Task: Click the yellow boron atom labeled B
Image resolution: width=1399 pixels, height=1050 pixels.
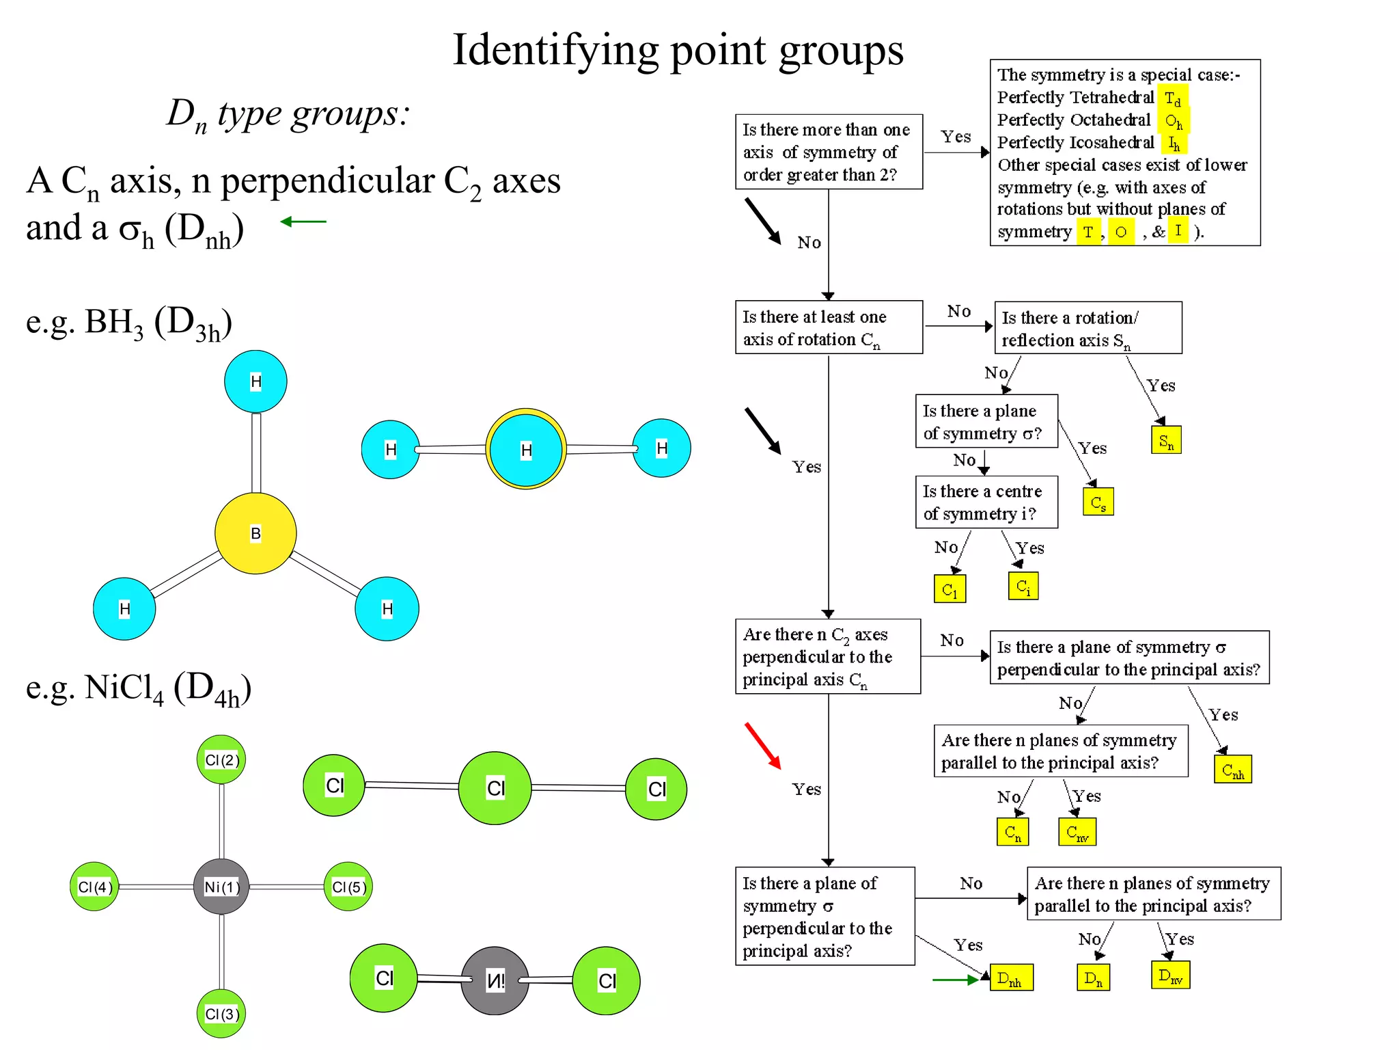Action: [x=255, y=533]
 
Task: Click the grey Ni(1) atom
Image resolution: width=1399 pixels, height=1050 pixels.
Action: [x=221, y=887]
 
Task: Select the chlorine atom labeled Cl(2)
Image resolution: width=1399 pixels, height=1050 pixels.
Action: [x=221, y=760]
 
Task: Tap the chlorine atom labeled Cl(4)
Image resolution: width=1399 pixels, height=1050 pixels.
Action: [x=94, y=887]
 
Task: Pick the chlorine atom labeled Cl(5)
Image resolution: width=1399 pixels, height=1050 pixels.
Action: [x=348, y=887]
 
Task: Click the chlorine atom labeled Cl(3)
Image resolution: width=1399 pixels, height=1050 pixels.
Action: [x=221, y=1014]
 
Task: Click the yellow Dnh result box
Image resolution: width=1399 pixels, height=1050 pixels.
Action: [x=1011, y=978]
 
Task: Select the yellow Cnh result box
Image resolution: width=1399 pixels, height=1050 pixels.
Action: [x=1232, y=770]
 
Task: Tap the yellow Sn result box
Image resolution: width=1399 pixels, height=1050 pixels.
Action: [x=1166, y=440]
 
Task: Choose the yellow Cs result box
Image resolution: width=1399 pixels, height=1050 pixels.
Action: [x=1098, y=502]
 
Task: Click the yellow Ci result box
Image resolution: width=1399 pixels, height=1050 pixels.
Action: [x=1023, y=586]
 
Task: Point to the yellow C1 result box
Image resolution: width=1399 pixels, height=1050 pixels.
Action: [x=950, y=589]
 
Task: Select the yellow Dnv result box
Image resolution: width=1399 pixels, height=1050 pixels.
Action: [x=1170, y=975]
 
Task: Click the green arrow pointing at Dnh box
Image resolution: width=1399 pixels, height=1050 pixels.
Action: [x=956, y=980]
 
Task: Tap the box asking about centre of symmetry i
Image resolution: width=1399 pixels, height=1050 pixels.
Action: [x=986, y=502]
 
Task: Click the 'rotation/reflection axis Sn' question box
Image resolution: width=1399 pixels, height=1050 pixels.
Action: [x=1088, y=328]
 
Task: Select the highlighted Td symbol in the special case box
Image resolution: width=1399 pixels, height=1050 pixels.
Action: [x=1172, y=98]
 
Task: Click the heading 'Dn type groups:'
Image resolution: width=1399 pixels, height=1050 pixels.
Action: [x=288, y=113]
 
